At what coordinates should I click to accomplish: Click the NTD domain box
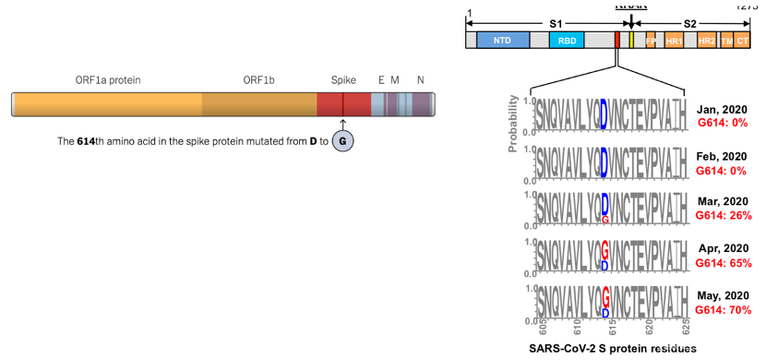coord(503,41)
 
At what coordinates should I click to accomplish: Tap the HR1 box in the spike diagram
coord(674,41)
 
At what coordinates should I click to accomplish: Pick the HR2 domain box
coord(707,41)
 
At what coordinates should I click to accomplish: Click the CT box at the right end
coord(743,41)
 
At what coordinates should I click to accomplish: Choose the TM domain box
coord(727,41)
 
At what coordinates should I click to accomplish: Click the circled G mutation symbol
coord(342,141)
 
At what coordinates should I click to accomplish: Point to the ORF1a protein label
coord(108,80)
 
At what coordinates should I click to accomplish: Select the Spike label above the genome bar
coord(343,80)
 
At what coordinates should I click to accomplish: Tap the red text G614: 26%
coord(724,215)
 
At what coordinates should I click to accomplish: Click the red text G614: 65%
coord(724,262)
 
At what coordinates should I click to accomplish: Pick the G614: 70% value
coord(724,310)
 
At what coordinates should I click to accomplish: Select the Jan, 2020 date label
coord(723,108)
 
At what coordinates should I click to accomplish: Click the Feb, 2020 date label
coord(723,156)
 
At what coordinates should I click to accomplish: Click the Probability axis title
coord(515,121)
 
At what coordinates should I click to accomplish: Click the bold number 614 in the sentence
coord(90,141)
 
